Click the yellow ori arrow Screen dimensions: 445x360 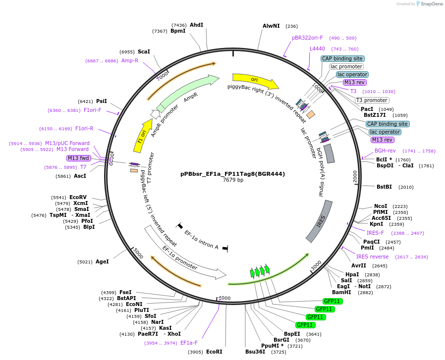click(255, 81)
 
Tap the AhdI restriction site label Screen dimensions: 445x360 click(196, 25)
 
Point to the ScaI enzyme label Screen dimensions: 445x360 click(144, 51)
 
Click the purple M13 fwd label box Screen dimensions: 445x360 click(78, 158)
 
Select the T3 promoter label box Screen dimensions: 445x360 click(372, 100)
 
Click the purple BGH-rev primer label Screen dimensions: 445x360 click(385, 151)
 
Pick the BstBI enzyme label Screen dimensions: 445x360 click(384, 187)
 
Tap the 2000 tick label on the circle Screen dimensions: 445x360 click(355, 177)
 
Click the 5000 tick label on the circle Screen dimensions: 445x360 click(138, 253)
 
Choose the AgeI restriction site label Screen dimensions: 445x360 click(102, 261)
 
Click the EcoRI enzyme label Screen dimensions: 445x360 click(214, 352)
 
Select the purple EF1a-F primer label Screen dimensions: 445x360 click(189, 343)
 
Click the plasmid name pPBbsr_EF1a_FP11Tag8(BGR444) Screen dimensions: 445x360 click(233, 174)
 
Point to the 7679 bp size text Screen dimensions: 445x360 click(233, 180)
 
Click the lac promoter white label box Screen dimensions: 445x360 click(346, 66)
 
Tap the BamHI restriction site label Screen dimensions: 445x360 click(341, 292)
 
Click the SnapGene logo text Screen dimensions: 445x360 click(432, 3)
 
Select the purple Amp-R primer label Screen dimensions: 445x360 click(130, 60)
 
